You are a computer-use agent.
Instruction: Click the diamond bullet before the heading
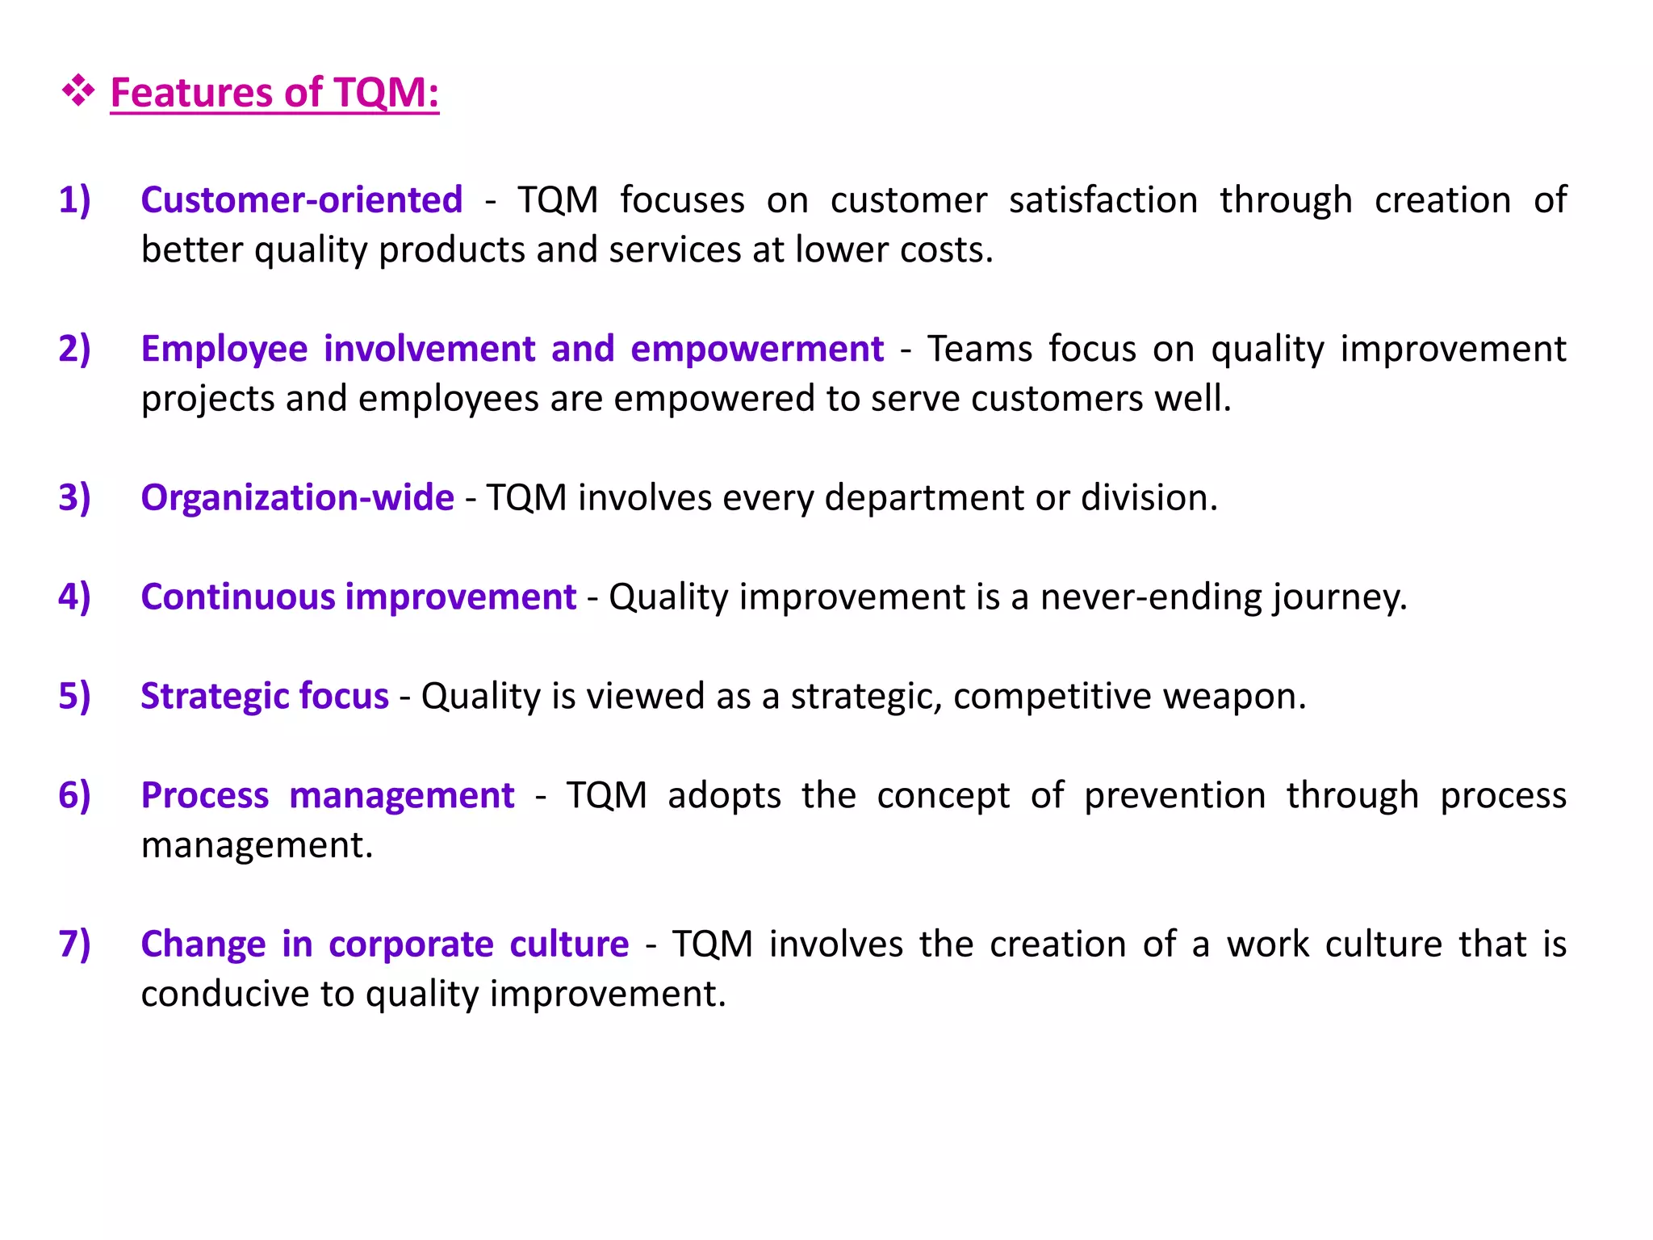pos(78,90)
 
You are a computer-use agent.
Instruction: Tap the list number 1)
pos(74,199)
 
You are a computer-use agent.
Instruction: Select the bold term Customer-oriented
pos(301,199)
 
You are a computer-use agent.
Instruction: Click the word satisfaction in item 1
pos(1103,199)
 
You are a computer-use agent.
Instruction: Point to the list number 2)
pos(74,349)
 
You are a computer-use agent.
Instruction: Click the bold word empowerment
pos(757,349)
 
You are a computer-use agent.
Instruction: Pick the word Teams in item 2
pos(979,349)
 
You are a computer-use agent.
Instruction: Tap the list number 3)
pos(74,497)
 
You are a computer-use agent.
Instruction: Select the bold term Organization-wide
pos(297,497)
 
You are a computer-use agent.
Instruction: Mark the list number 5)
pos(74,696)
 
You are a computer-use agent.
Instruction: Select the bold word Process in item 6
pos(204,796)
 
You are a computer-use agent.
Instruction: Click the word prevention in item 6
pos(1174,796)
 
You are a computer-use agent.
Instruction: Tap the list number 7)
pos(74,944)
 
